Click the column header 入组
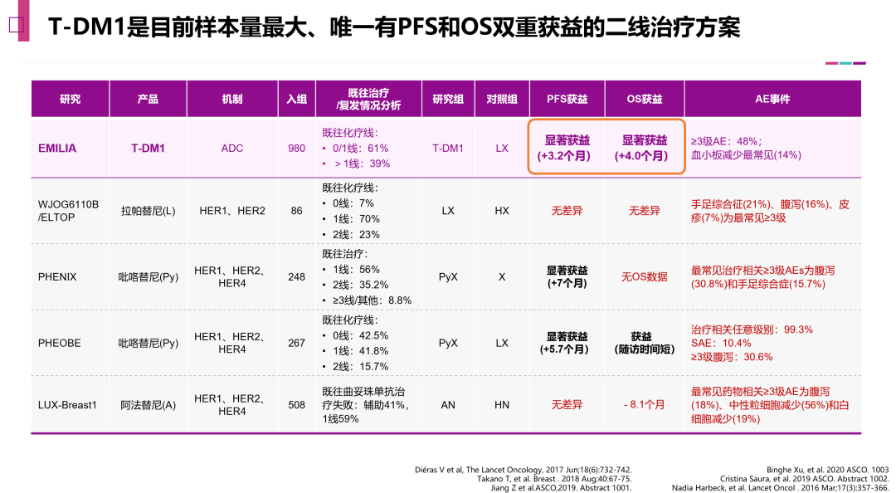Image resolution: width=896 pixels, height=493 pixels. (x=296, y=99)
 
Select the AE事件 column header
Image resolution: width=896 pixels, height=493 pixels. (x=772, y=99)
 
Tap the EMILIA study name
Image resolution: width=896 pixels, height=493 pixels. (x=57, y=148)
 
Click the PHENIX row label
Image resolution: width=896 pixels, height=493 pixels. (x=57, y=276)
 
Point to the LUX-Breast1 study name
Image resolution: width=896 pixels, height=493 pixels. (x=67, y=405)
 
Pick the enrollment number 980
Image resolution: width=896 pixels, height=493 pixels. (x=296, y=148)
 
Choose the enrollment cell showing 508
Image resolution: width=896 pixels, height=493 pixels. (x=296, y=405)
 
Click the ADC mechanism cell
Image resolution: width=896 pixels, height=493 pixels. (x=232, y=148)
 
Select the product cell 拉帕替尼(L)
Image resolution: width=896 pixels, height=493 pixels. (x=148, y=211)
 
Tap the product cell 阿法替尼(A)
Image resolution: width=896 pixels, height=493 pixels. (x=148, y=405)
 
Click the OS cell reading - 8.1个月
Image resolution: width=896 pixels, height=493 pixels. (x=645, y=405)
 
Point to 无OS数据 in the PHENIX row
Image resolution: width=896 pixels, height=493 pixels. (x=645, y=276)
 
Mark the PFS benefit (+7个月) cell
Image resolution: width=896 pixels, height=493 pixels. (x=567, y=276)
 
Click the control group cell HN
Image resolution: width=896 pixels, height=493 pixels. (x=502, y=405)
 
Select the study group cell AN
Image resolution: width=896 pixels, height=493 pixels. (x=448, y=405)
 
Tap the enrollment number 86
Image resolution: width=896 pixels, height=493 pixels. (x=296, y=211)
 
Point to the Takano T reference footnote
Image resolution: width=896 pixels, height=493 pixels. (x=554, y=479)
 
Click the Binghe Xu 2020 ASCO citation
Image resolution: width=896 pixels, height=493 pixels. (x=830, y=469)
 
